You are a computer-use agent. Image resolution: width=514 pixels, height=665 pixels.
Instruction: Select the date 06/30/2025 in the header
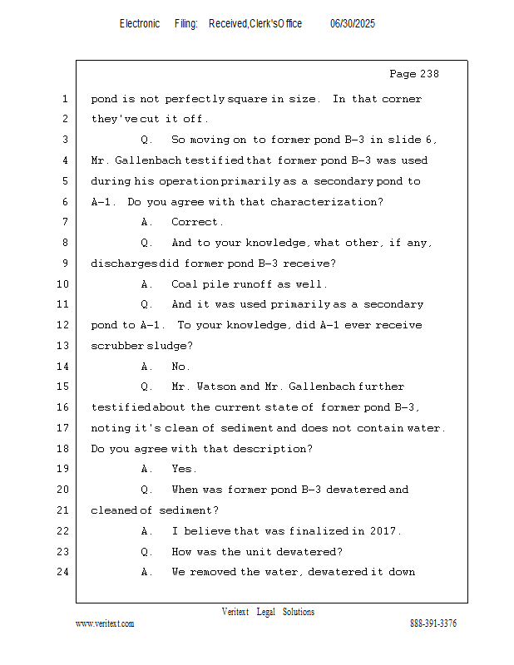[x=353, y=24]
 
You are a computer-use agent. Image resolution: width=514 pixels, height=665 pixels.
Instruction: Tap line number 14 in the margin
[x=64, y=366]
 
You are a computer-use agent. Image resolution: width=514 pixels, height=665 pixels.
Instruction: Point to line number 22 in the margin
[x=64, y=530]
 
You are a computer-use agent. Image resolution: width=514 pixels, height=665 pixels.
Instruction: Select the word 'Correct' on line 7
[x=196, y=222]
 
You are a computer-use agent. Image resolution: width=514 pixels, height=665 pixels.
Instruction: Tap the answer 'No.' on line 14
[x=180, y=366]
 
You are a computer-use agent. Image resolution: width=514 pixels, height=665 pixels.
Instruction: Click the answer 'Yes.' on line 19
[x=184, y=469]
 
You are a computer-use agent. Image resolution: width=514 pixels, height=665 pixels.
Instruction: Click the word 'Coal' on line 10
[x=185, y=284]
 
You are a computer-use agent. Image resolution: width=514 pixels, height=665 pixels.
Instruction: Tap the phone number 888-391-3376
[x=433, y=623]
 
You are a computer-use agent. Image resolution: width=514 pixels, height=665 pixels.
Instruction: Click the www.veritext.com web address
[x=105, y=623]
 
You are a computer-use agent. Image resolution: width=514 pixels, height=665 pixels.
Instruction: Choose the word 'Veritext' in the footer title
[x=235, y=612]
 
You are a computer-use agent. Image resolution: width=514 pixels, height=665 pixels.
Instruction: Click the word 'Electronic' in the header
[x=140, y=24]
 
